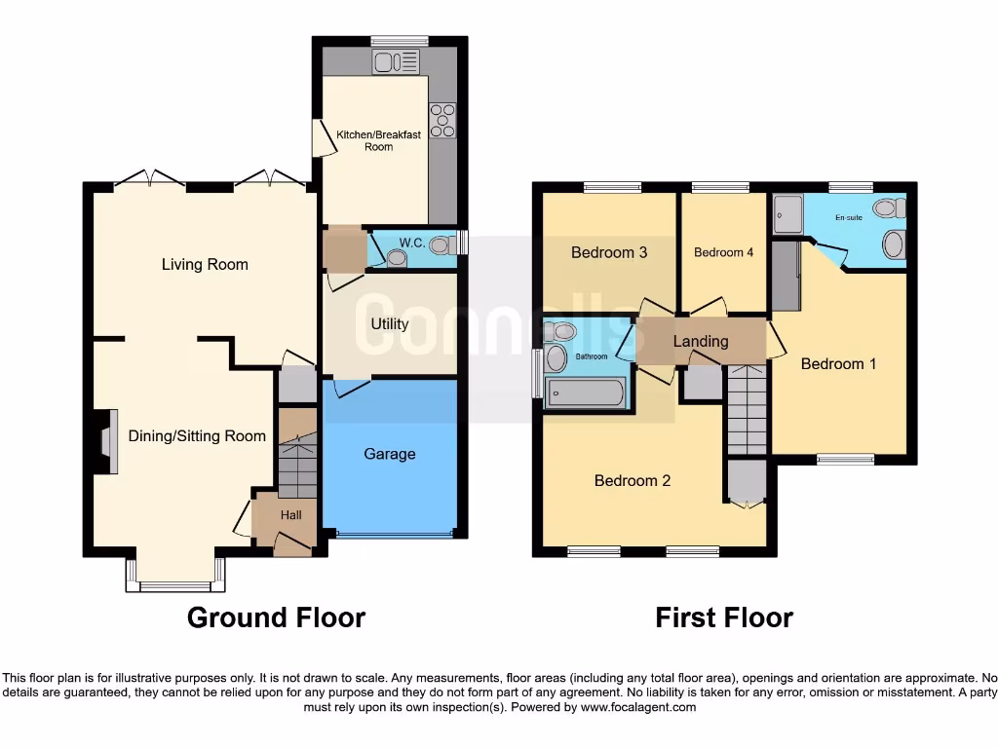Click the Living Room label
coord(205,264)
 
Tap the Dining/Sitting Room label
coord(197,435)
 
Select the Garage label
coord(390,454)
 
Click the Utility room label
coord(389,323)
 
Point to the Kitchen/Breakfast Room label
coord(378,140)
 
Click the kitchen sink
coord(397,62)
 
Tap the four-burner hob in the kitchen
coord(442,120)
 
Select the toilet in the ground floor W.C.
coord(441,244)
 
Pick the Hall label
coord(291,514)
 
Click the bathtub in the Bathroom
coord(586,393)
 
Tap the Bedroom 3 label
coord(609,252)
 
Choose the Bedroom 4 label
coord(723,252)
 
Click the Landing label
coord(701,341)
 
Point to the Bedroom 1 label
coord(838,363)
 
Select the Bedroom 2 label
coord(633,480)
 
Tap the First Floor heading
coord(723,617)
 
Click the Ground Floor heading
coord(276,617)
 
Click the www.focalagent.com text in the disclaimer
coord(638,707)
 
